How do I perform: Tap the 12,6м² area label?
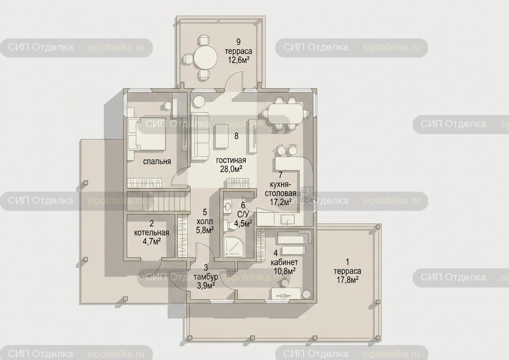[239, 60]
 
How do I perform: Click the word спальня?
[157, 161]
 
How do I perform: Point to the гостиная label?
[231, 160]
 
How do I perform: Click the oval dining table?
[286, 114]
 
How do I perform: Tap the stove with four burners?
[307, 194]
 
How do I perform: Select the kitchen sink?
[287, 219]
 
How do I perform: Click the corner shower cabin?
[234, 247]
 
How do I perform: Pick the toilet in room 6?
[231, 225]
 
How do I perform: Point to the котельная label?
[152, 233]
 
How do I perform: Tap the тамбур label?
[206, 277]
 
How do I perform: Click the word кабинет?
[284, 262]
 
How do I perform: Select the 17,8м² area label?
[347, 280]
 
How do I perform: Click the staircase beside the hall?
[158, 201]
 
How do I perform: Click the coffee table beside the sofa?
[222, 136]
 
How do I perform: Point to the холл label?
[205, 221]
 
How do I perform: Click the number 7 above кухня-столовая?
[281, 175]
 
